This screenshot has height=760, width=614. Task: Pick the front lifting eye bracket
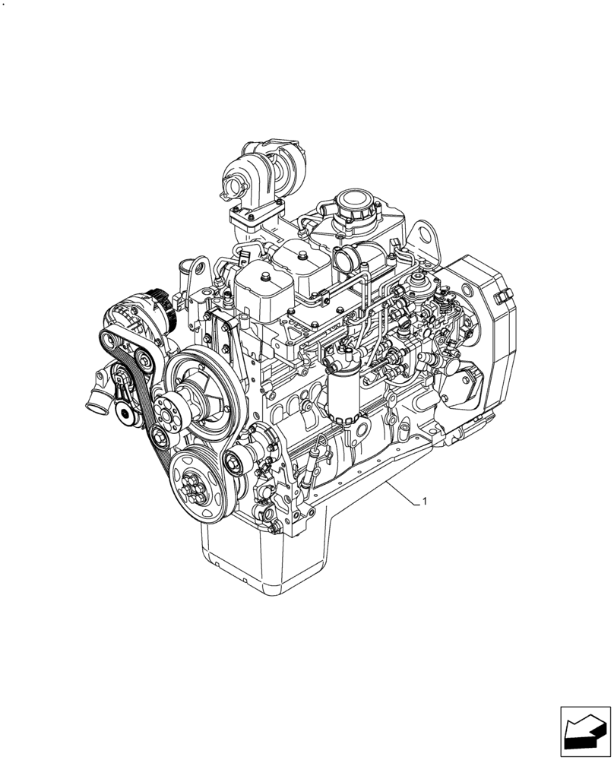point(199,274)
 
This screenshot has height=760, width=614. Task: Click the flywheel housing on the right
point(479,334)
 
